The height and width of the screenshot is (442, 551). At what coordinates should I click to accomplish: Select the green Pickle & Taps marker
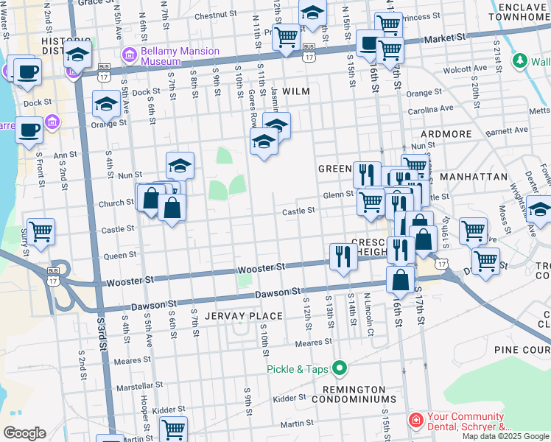pyautogui.click(x=340, y=366)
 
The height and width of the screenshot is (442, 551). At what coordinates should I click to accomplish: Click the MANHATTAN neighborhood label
pyautogui.click(x=473, y=178)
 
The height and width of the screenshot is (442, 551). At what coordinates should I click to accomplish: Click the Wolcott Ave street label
pyautogui.click(x=464, y=71)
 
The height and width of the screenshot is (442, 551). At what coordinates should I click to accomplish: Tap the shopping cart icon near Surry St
pyautogui.click(x=41, y=231)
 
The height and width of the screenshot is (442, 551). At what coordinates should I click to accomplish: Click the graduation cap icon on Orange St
pyautogui.click(x=106, y=106)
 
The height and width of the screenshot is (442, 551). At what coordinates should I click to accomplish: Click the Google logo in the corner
pyautogui.click(x=24, y=433)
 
